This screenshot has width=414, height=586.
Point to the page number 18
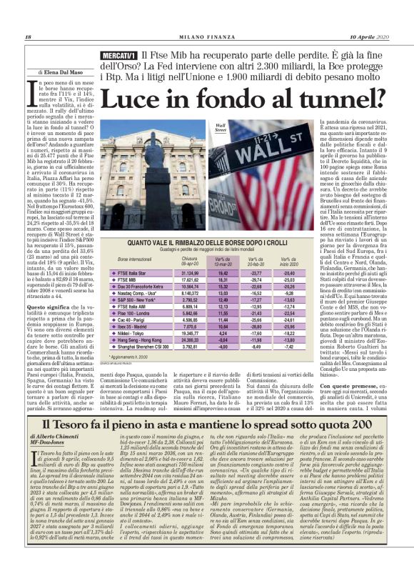28,37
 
